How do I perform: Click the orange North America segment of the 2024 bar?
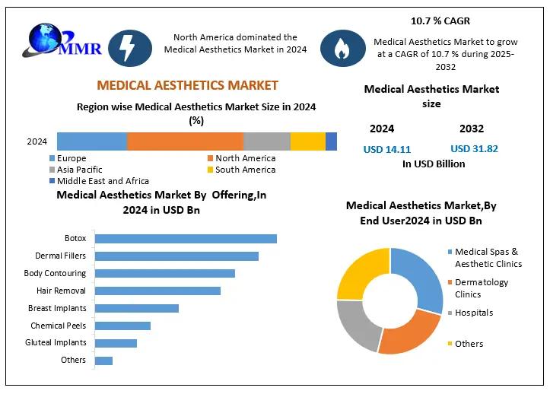[x=185, y=141]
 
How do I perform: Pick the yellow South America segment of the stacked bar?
[x=308, y=141]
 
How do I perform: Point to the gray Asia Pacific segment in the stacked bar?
[x=266, y=141]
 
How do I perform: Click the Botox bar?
[x=186, y=238]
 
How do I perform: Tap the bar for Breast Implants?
[x=137, y=308]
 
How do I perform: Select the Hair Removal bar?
[x=157, y=291]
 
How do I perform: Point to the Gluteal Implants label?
[x=56, y=342]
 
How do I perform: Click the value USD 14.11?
[x=388, y=149]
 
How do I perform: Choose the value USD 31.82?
[x=474, y=149]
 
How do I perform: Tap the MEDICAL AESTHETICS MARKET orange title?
[x=187, y=85]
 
